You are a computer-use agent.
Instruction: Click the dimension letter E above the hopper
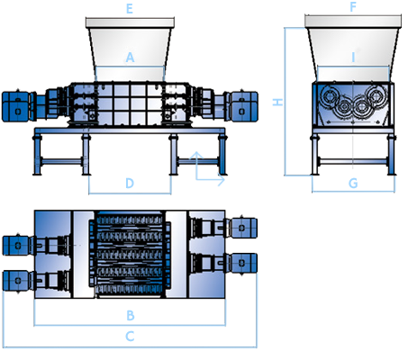[x=130, y=8]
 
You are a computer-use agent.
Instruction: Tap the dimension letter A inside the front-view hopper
[x=130, y=57]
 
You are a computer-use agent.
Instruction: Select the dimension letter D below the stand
[x=130, y=183]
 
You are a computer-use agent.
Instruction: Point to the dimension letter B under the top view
[x=131, y=315]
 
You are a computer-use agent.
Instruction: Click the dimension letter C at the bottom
[x=130, y=337]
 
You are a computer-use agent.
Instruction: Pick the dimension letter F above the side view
[x=353, y=6]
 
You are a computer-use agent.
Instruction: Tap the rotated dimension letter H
[x=277, y=102]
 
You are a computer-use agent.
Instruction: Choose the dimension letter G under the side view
[x=353, y=183]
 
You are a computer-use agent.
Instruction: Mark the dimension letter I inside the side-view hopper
[x=353, y=57]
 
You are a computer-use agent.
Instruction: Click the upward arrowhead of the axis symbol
[x=196, y=155]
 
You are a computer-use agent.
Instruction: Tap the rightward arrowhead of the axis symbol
[x=222, y=180]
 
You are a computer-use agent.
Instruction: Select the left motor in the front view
[x=15, y=107]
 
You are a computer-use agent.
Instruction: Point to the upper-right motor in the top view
[x=243, y=228]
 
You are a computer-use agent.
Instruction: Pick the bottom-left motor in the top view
[x=16, y=281]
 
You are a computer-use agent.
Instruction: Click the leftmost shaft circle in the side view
[x=331, y=96]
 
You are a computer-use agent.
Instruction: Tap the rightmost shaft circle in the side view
[x=376, y=96]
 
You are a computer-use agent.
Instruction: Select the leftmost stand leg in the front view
[x=37, y=154]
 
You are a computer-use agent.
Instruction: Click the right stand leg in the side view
[x=392, y=154]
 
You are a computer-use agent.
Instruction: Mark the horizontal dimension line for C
[x=130, y=347]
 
